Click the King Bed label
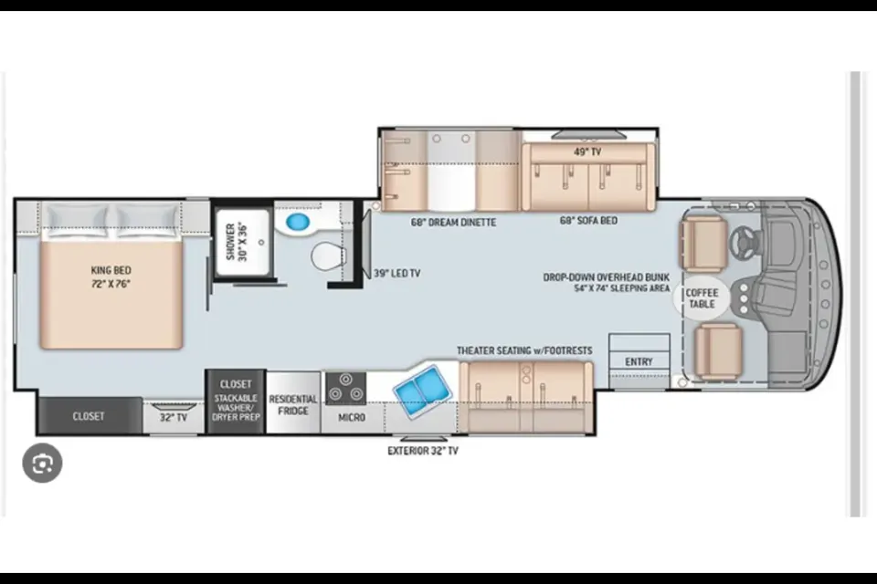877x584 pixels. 111,276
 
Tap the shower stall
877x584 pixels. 243,242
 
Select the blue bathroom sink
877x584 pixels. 298,222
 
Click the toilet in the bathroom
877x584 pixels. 328,256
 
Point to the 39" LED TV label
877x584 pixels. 397,273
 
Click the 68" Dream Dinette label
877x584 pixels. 454,223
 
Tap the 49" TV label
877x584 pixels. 587,152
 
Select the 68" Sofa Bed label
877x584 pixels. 589,221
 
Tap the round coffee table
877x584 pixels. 702,298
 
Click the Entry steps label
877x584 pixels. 639,361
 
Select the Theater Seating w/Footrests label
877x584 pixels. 524,350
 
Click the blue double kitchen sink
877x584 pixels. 422,390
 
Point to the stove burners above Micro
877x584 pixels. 345,387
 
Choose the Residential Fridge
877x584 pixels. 293,402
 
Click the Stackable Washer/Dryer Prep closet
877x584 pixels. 236,401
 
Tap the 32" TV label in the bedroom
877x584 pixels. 174,417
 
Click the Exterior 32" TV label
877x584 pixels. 423,451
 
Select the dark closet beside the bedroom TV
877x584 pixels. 89,416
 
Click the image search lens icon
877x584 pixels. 43,464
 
